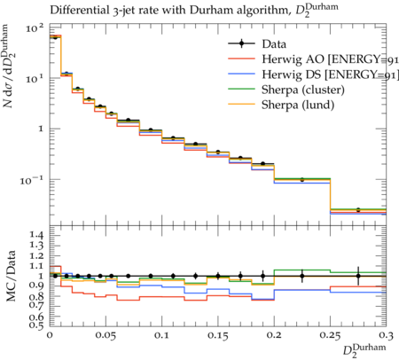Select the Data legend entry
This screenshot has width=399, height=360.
tap(257, 43)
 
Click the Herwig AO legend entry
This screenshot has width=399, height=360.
tap(313, 59)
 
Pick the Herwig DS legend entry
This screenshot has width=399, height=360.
tap(313, 74)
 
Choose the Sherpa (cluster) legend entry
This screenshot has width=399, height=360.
tap(286, 90)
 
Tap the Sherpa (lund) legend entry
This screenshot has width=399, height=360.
tap(281, 105)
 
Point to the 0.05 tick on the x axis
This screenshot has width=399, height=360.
tap(106, 336)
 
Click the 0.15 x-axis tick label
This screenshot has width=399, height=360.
tap(218, 336)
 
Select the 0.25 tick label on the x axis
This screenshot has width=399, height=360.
tap(330, 336)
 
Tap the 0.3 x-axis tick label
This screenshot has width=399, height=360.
tap(386, 336)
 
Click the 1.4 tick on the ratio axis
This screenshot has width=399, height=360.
tap(36, 235)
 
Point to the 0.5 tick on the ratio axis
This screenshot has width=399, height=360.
tap(36, 325)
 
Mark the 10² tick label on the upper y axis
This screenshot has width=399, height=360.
tap(35, 28)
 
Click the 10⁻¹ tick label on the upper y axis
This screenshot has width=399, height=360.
tap(32, 180)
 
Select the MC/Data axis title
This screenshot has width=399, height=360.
tap(11, 277)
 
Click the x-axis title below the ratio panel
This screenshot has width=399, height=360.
tap(364, 350)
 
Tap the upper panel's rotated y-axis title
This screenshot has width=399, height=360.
tap(9, 67)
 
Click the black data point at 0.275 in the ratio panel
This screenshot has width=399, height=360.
tap(358, 276)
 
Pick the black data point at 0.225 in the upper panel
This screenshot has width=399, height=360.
tap(302, 179)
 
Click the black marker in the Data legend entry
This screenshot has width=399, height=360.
tap(242, 43)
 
